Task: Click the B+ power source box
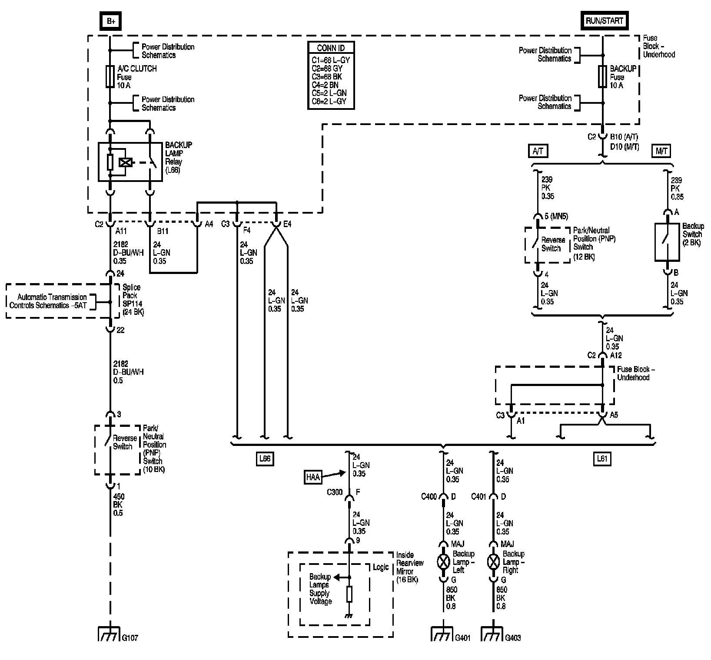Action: point(110,21)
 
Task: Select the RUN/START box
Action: point(604,21)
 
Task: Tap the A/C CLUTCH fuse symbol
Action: point(110,77)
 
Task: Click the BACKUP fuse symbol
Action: point(603,77)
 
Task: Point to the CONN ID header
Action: point(331,48)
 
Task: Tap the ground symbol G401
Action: point(442,634)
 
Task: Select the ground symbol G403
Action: point(493,634)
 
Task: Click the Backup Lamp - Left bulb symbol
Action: point(443,562)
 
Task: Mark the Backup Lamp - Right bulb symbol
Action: point(493,562)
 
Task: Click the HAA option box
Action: point(312,478)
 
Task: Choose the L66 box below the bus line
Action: point(265,459)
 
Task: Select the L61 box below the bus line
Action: point(601,459)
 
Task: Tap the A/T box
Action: point(538,151)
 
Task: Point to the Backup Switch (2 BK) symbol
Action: point(667,242)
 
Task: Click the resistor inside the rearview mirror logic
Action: point(349,594)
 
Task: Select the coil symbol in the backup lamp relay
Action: point(126,162)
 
